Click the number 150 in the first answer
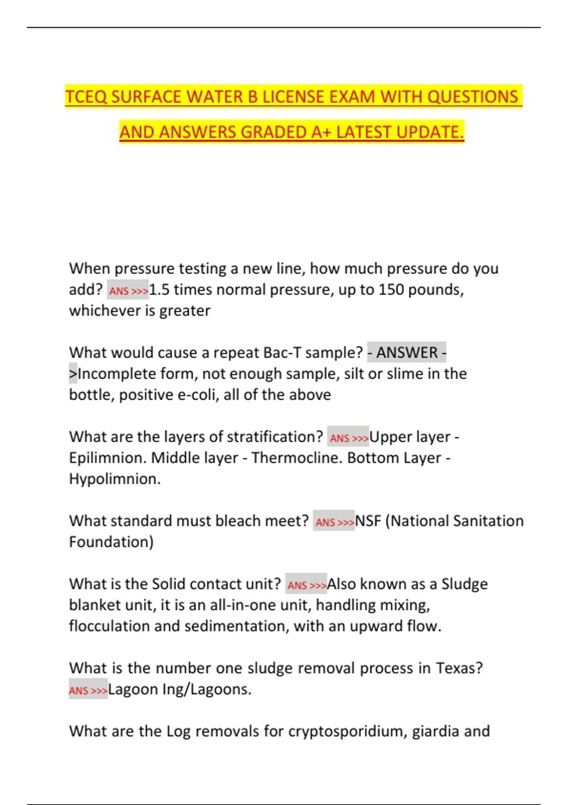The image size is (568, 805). coord(390,289)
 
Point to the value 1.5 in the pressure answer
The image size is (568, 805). coord(159,289)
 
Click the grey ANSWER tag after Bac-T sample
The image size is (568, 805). coord(407,352)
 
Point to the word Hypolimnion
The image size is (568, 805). coord(115,479)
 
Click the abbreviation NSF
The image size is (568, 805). coord(368,521)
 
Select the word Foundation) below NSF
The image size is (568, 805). coord(111,542)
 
